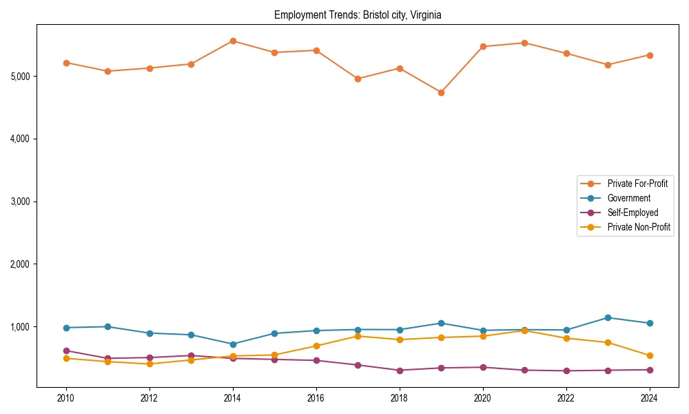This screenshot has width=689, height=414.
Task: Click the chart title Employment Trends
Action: (357, 14)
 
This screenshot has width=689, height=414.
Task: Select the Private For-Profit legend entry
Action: (637, 184)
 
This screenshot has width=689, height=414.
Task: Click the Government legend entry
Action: (628, 198)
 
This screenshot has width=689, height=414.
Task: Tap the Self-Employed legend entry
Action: (633, 213)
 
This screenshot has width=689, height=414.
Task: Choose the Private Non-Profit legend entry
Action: (639, 227)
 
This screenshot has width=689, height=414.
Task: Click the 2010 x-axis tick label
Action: (66, 398)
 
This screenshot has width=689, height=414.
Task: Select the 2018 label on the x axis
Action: (400, 398)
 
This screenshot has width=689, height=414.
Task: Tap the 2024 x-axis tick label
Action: (649, 398)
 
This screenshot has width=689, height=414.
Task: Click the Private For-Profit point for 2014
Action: (233, 41)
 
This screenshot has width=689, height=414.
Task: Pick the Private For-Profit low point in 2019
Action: (441, 92)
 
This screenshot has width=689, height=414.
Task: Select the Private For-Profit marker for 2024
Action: (649, 55)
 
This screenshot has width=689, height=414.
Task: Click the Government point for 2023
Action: (608, 317)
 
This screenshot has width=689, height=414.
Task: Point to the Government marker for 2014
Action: (233, 344)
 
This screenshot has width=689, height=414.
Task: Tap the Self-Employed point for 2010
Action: (66, 351)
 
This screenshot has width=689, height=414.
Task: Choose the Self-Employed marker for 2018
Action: (400, 371)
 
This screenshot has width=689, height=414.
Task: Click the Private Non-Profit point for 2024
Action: (649, 356)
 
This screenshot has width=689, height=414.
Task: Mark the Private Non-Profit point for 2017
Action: (358, 336)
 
